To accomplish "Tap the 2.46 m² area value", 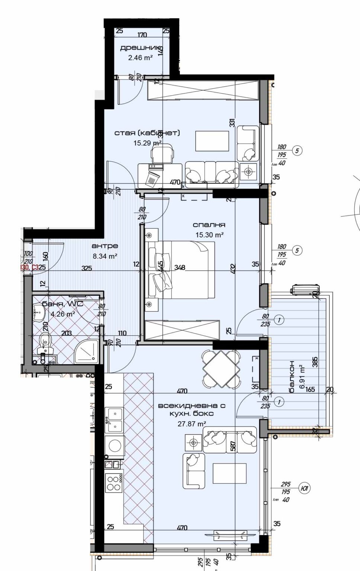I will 140,58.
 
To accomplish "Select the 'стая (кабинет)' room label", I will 147,133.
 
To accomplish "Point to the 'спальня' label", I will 209,225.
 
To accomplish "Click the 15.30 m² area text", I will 209,235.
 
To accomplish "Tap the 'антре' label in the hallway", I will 105,246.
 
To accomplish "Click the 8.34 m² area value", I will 105,256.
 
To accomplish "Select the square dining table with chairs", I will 221,369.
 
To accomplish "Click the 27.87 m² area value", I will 192,423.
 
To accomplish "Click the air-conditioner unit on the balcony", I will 306,289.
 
